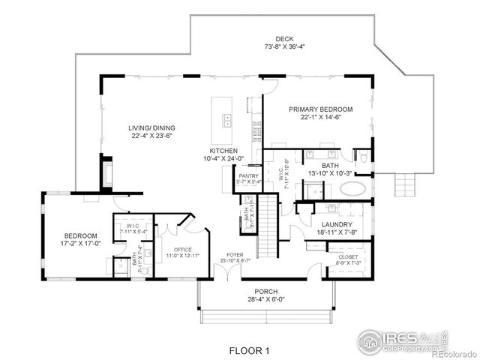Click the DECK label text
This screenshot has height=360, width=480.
(284, 39)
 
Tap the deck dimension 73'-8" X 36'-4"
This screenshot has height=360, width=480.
(284, 46)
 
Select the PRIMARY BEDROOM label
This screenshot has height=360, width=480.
(321, 109)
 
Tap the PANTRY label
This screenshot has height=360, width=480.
(248, 175)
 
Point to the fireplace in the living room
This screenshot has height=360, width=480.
(106, 172)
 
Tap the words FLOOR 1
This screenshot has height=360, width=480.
(250, 350)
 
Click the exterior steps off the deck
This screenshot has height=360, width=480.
(406, 182)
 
